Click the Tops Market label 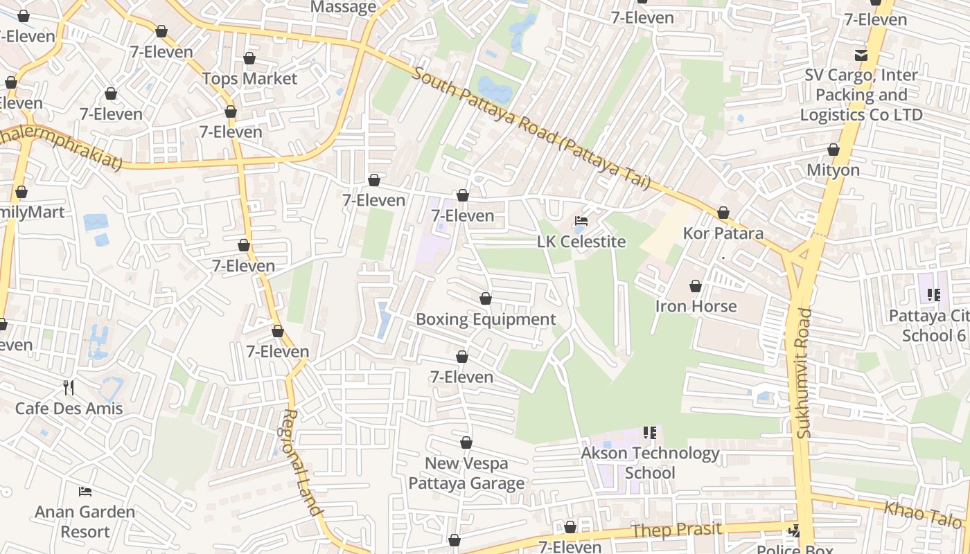[249, 79]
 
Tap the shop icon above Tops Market [249, 58]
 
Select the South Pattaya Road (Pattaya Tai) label [531, 127]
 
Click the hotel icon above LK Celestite [581, 222]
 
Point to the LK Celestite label [581, 242]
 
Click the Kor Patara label [723, 233]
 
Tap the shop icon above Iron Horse [696, 286]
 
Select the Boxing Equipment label [486, 319]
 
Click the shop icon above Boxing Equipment [486, 298]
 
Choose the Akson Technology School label [650, 463]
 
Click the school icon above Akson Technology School [650, 433]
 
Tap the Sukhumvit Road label [804, 373]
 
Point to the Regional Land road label [303, 462]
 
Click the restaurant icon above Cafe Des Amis [68, 387]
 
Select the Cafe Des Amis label [69, 409]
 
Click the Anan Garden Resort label [85, 522]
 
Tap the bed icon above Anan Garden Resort [85, 492]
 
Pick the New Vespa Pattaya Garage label [466, 473]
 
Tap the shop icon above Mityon [834, 150]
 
